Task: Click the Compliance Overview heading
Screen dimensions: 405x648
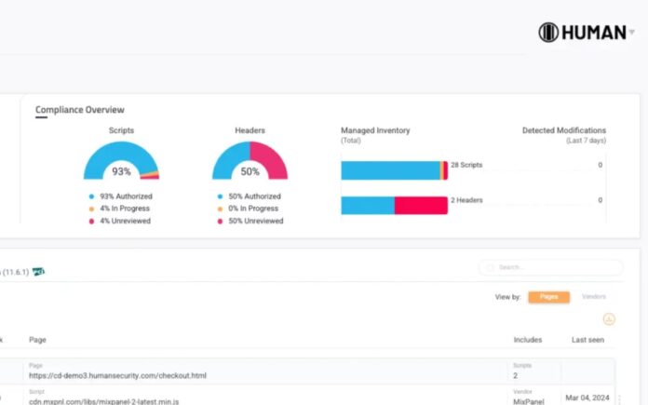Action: (x=80, y=110)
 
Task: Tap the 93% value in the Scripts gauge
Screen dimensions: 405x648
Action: (x=121, y=171)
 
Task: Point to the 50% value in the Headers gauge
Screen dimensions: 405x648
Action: (x=250, y=171)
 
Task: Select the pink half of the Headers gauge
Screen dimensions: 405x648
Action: (x=271, y=158)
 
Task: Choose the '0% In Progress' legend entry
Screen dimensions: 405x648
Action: (x=254, y=209)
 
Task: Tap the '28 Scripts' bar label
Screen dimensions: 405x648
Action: (x=466, y=165)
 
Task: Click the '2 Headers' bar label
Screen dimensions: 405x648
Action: (x=466, y=200)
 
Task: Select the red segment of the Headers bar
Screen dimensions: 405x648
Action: (x=421, y=205)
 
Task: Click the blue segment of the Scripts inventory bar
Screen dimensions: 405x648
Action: (x=390, y=170)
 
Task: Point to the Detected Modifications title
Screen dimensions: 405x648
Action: (x=563, y=130)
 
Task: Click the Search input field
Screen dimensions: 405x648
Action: (x=554, y=267)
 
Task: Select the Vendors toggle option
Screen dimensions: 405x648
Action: (x=594, y=297)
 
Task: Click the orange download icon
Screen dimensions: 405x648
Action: (x=609, y=319)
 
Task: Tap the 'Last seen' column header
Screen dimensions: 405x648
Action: (x=587, y=340)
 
